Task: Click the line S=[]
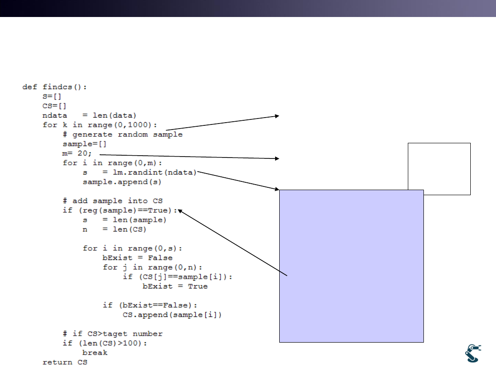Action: [52, 96]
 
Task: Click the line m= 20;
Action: [78, 153]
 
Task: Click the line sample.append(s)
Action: [122, 182]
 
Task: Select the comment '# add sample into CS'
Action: [113, 201]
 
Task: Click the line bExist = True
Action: [175, 286]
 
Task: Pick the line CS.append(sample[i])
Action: [172, 315]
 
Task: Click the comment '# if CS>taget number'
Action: [113, 334]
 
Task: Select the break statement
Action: [95, 353]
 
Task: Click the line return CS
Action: [65, 362]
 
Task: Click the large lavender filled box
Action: [351, 266]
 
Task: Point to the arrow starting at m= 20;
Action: [188, 156]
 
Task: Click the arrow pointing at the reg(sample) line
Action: [232, 242]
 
